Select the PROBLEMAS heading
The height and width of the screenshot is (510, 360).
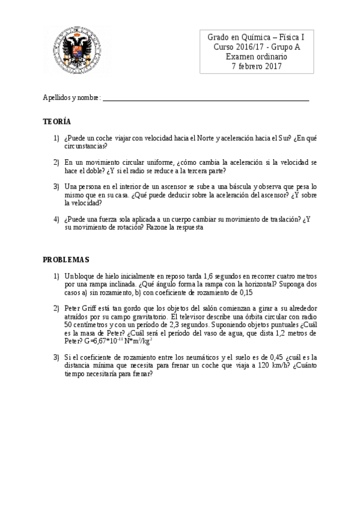[x=66, y=259]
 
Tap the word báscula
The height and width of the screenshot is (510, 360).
[x=237, y=187]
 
